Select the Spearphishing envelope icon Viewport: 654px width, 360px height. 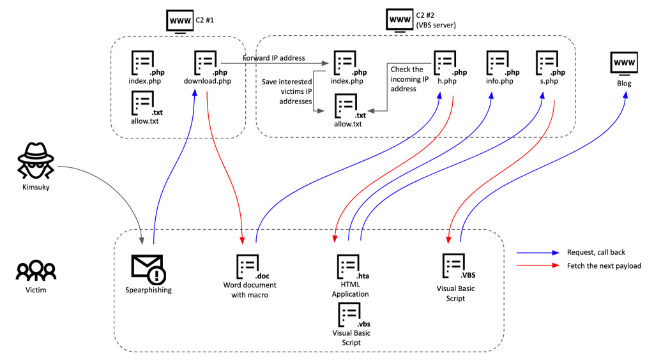click(x=148, y=268)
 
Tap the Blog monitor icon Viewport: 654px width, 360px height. click(x=623, y=64)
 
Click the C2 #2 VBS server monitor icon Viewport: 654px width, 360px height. click(x=400, y=20)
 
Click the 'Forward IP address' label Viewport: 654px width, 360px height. click(x=273, y=58)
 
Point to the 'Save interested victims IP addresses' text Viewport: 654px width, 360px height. click(x=287, y=92)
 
